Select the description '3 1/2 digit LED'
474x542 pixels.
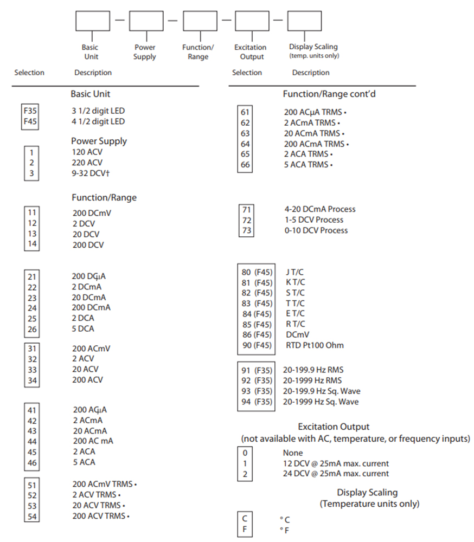[x=98, y=111]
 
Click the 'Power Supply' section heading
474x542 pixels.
[x=99, y=141]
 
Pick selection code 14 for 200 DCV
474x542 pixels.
[x=31, y=244]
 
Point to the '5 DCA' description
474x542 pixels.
[x=83, y=328]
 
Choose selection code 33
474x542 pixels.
[x=31, y=369]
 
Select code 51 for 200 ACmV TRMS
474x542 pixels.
[x=31, y=483]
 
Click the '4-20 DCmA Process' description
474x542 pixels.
[x=320, y=209]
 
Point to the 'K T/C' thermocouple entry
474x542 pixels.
[x=296, y=282]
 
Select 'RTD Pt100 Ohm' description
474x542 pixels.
[x=315, y=345]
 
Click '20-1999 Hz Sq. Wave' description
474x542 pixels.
[x=321, y=402]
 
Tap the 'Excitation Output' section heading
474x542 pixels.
[x=334, y=427]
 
